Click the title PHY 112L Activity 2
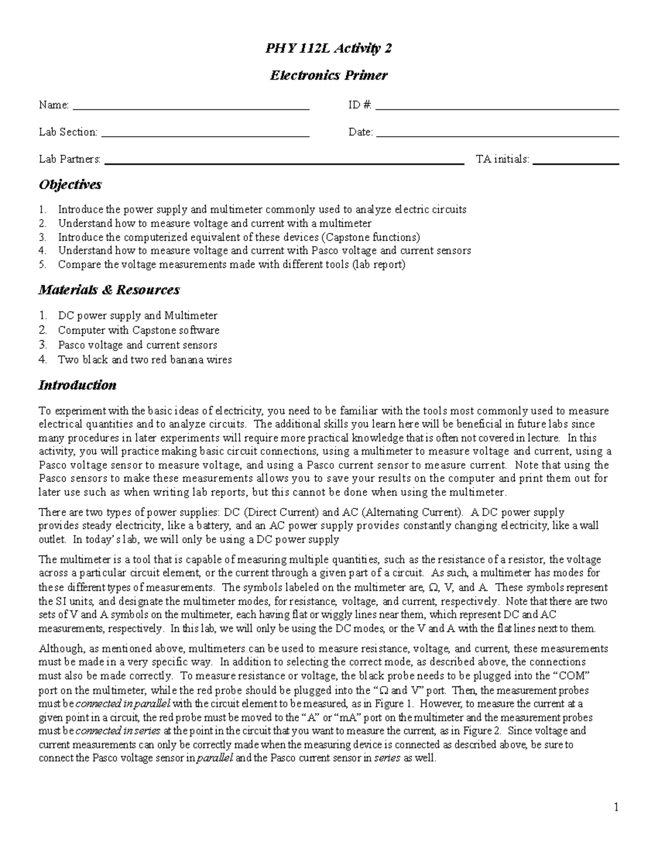point(328,49)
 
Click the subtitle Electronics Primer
point(328,75)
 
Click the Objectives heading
point(70,185)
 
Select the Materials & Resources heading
point(109,290)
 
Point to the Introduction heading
point(77,385)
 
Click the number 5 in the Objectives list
point(42,265)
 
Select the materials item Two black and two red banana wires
point(145,360)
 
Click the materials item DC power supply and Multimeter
point(138,316)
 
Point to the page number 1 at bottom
point(616,807)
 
